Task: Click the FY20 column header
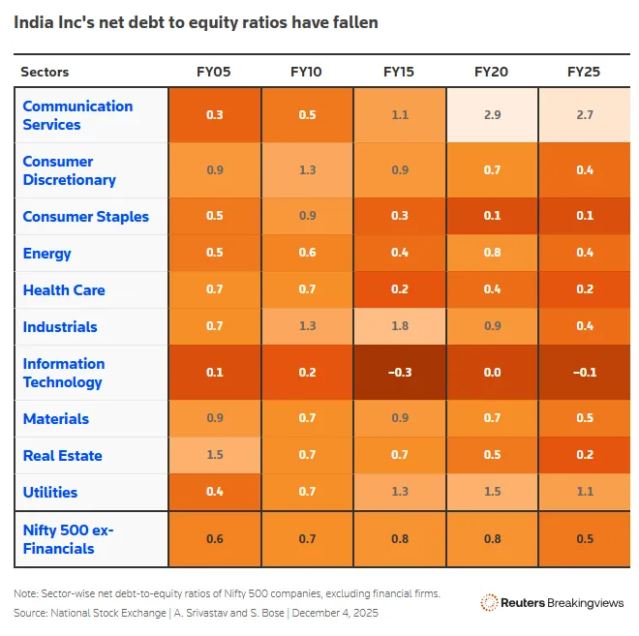click(x=492, y=72)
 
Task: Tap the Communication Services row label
click(x=77, y=115)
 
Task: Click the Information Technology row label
click(x=63, y=373)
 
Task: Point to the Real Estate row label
click(x=62, y=455)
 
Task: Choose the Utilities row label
click(x=49, y=492)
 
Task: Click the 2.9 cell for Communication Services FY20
click(x=492, y=115)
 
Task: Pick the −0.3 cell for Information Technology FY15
click(x=399, y=373)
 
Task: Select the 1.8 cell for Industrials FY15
click(x=399, y=326)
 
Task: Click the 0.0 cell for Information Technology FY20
click(x=492, y=373)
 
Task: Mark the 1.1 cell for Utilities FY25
click(x=585, y=492)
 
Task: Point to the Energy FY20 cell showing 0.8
click(x=492, y=253)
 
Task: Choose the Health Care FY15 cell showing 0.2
click(x=399, y=289)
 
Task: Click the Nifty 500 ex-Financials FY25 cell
click(x=585, y=539)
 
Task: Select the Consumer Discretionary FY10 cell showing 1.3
click(x=306, y=170)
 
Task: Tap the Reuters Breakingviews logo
click(x=553, y=602)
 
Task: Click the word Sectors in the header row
click(x=46, y=72)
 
